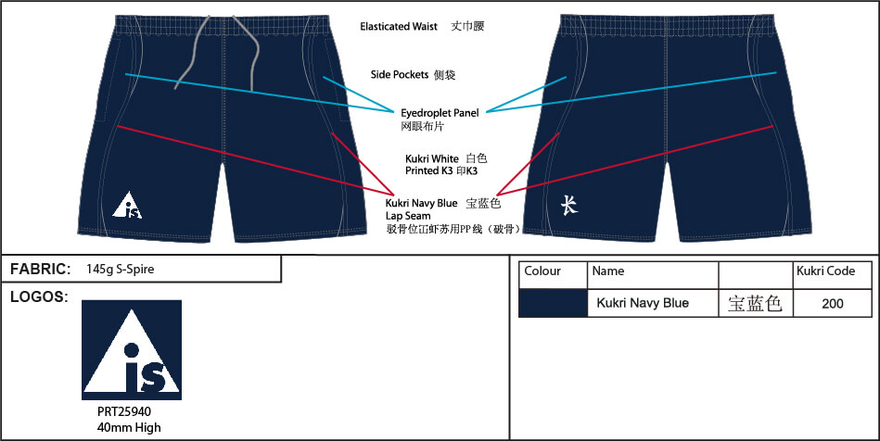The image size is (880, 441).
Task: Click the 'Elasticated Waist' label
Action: (x=399, y=26)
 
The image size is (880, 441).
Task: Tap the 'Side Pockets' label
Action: (x=400, y=75)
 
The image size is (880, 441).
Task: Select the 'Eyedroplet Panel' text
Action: (x=440, y=113)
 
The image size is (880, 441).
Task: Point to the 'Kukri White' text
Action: (x=431, y=158)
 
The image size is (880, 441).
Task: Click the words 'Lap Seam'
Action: (x=408, y=216)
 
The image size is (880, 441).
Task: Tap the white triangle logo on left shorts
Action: (x=127, y=205)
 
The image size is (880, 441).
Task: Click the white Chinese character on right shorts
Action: (x=569, y=206)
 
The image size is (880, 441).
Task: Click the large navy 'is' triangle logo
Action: (x=132, y=350)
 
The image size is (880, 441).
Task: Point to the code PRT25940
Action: (x=124, y=412)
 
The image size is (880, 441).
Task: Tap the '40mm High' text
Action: (x=129, y=427)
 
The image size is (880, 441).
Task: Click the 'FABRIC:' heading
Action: (x=41, y=270)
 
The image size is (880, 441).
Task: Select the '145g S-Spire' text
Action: (x=121, y=270)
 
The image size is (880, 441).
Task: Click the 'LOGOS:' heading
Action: (x=39, y=297)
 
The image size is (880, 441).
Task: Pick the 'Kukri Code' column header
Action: (x=825, y=271)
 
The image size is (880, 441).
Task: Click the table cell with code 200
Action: (x=833, y=304)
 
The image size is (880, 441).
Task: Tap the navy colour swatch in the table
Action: (x=553, y=304)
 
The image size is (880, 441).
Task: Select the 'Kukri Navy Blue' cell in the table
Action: (x=643, y=304)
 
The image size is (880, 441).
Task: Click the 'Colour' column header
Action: (x=542, y=271)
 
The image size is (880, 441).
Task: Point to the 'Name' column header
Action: (x=608, y=271)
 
